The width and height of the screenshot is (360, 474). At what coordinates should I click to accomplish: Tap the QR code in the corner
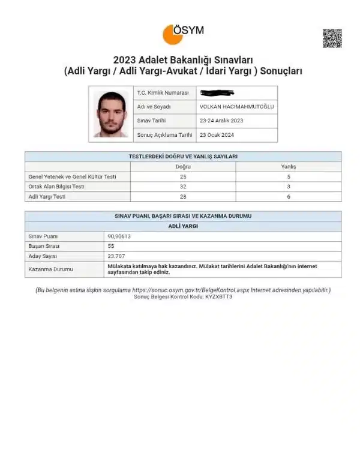[x=332, y=38]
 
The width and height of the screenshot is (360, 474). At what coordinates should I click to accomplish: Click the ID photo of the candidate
[x=111, y=114]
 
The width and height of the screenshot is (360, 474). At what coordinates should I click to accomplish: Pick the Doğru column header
[x=183, y=166]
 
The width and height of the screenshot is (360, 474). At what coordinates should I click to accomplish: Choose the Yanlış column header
[x=289, y=166]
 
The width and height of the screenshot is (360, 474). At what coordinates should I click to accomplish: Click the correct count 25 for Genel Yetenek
[x=183, y=176]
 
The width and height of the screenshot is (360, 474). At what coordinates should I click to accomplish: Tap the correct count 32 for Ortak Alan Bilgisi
[x=183, y=186]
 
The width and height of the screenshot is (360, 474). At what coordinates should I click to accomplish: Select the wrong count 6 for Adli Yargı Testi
[x=289, y=196]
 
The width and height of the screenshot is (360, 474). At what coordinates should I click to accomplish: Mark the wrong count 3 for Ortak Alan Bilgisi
[x=289, y=186]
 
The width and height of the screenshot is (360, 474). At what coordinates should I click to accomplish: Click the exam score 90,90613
[x=120, y=236]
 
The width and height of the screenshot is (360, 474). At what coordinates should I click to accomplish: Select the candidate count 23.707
[x=116, y=256]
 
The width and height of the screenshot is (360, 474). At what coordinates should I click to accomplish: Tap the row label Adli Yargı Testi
[x=47, y=196]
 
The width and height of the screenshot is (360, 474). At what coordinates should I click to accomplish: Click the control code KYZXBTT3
[x=219, y=297]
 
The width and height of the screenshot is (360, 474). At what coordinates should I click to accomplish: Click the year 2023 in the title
[x=124, y=59]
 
